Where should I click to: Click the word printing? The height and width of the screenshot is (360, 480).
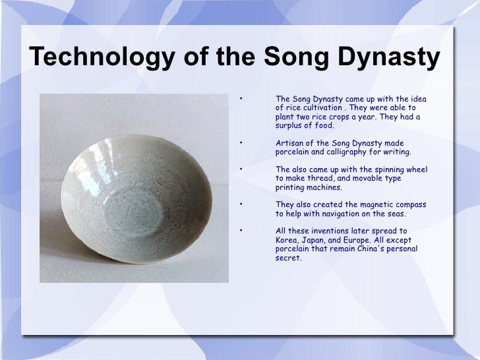(x=291, y=187)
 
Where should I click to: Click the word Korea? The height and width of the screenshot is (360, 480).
(x=287, y=240)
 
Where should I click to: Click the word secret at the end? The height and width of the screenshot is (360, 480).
(x=288, y=258)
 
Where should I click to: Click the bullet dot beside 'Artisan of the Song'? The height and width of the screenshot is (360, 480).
(x=242, y=143)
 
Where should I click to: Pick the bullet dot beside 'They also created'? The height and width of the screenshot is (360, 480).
(x=242, y=204)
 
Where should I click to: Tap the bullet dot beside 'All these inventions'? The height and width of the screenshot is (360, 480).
(x=242, y=231)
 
